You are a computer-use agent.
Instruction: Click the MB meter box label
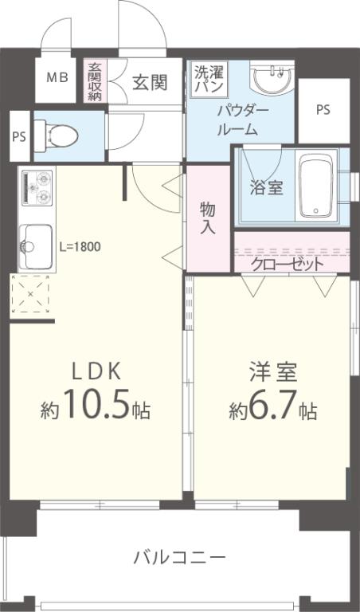pos(57,78)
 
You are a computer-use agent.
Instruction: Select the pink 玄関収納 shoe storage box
pos(95,80)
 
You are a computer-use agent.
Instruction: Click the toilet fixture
pos(60,135)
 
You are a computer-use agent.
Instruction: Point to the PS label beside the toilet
pos(19,135)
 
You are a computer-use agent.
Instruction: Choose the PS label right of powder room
pos(323,110)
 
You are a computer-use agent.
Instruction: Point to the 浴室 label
pos(265,189)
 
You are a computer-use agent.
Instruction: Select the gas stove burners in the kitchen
pos(34,188)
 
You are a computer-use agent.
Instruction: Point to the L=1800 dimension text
pos(80,246)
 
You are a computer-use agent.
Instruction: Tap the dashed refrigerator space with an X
pos(31,296)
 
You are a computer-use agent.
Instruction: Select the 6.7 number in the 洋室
pos(271,410)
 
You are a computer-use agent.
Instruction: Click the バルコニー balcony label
pos(179,556)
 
